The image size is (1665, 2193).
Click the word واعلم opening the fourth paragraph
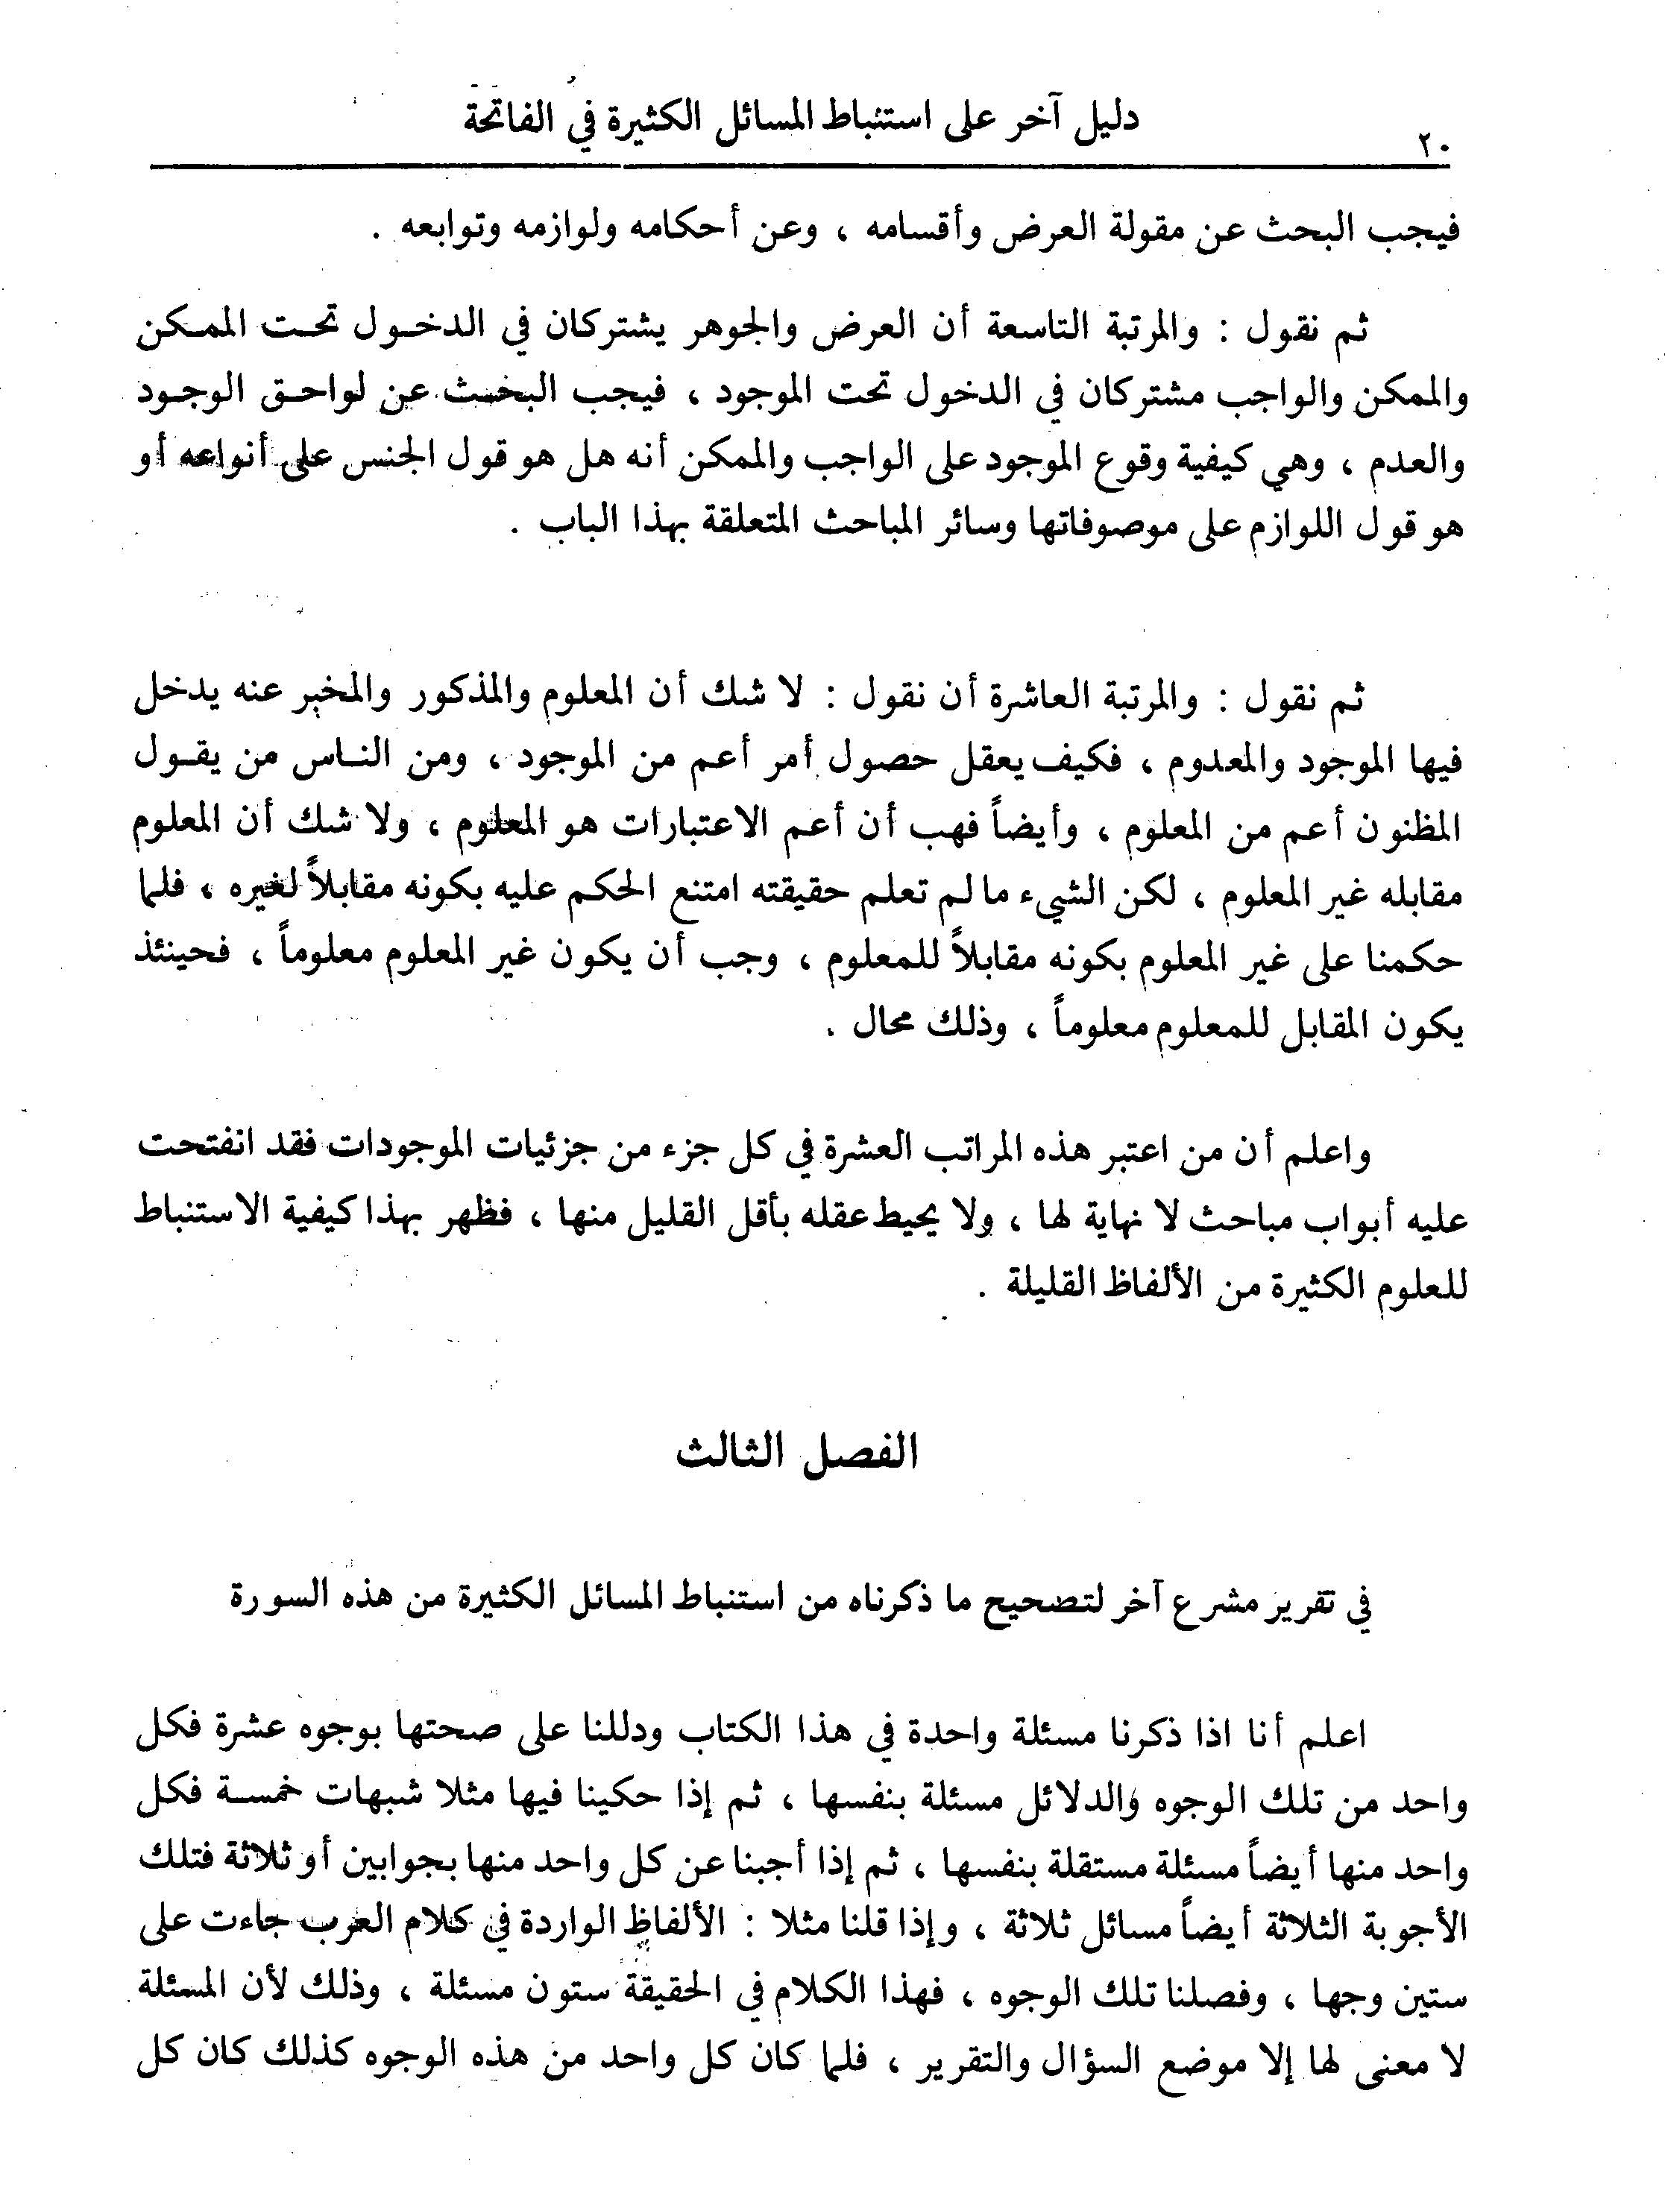pyautogui.click(x=1326, y=1152)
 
